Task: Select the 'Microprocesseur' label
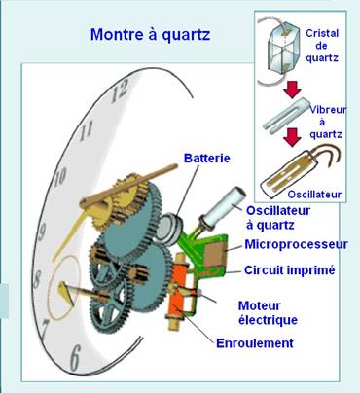tap(296, 244)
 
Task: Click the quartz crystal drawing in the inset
tap(282, 49)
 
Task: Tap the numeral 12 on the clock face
tap(122, 92)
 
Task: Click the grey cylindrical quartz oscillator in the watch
tap(227, 202)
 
